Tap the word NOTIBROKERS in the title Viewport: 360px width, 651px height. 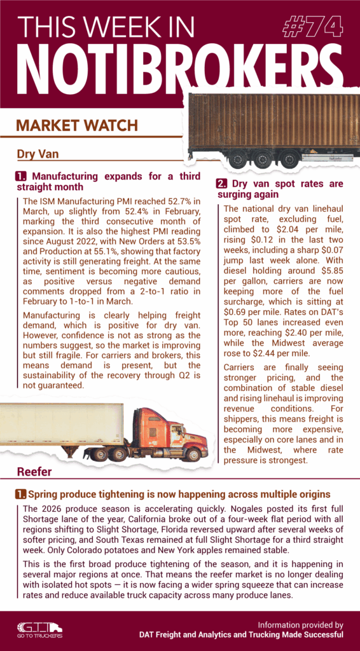click(x=171, y=62)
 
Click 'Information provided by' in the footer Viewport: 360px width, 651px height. click(x=301, y=624)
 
